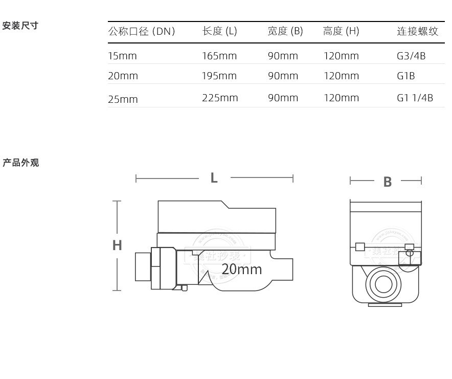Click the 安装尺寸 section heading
[x=20, y=26]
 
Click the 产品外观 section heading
[x=21, y=163]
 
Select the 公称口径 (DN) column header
[x=142, y=32]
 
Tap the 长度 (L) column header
[x=219, y=32]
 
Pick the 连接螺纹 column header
[x=418, y=32]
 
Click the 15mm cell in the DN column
[x=122, y=56]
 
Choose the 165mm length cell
[x=219, y=56]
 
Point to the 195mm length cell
[x=219, y=76]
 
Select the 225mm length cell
[x=220, y=98]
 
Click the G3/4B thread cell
[x=411, y=56]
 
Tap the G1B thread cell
[x=406, y=76]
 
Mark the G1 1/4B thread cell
[x=415, y=98]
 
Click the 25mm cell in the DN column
[x=123, y=99]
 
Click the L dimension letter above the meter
[x=214, y=178]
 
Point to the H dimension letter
[x=117, y=246]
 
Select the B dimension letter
[x=388, y=182]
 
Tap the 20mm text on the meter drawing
[x=242, y=269]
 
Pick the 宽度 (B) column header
[x=285, y=32]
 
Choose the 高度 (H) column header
[x=341, y=32]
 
